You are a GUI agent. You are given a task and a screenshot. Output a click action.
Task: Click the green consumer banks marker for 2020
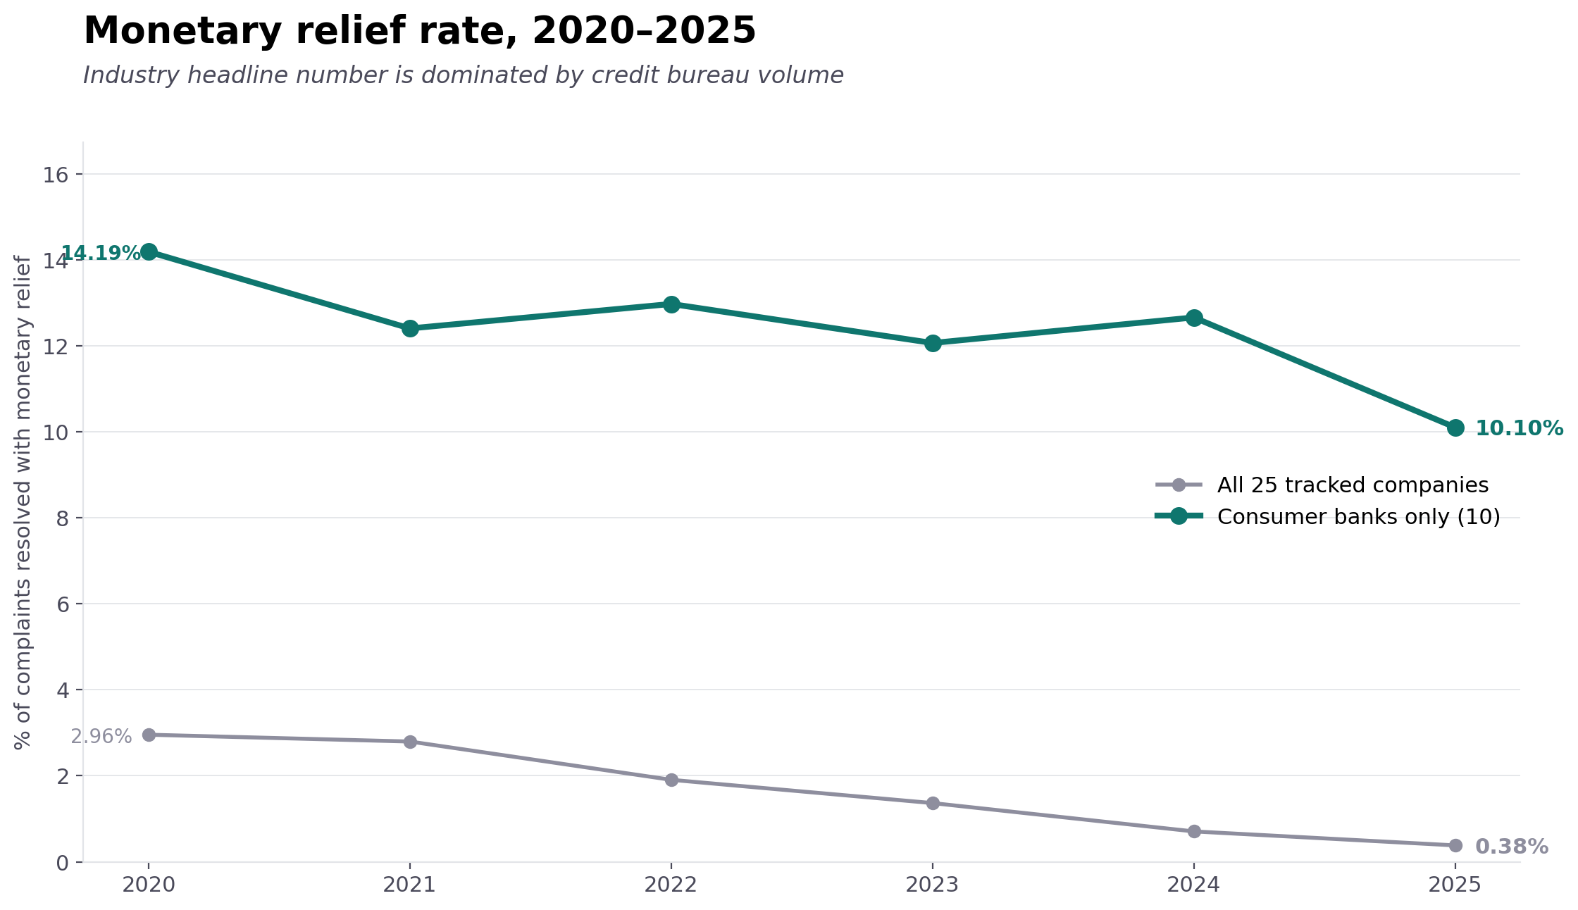coord(149,251)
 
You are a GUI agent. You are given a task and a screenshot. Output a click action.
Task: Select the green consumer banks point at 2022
coord(671,304)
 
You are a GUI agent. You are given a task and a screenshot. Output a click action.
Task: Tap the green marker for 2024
coord(1194,318)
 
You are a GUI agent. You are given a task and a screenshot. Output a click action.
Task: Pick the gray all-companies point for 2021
coord(410,742)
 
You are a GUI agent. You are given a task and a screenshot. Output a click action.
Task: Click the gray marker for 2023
coord(933,803)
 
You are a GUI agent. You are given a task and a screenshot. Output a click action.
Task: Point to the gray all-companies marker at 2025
coord(1455,845)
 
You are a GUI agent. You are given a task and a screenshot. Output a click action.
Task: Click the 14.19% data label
coord(101,254)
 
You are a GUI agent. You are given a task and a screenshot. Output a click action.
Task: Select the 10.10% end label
coord(1519,428)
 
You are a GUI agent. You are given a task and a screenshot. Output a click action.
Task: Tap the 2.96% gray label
coord(101,737)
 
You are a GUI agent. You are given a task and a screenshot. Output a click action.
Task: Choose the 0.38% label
coord(1511,847)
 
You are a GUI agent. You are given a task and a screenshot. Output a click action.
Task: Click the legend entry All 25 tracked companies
coord(1353,485)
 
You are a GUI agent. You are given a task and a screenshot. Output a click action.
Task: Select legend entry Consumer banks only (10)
coord(1358,517)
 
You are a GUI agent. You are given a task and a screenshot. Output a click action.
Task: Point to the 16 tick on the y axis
coord(55,175)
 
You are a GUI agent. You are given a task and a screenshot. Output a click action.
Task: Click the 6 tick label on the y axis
coord(62,604)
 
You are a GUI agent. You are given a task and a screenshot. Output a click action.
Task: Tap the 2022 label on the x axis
coord(671,885)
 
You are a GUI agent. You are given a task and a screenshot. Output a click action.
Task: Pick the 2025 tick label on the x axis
coord(1455,885)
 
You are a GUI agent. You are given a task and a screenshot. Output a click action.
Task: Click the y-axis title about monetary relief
coord(23,502)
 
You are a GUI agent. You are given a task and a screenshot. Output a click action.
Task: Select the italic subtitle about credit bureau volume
coord(463,75)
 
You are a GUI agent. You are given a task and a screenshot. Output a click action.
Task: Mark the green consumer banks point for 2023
coord(933,343)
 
